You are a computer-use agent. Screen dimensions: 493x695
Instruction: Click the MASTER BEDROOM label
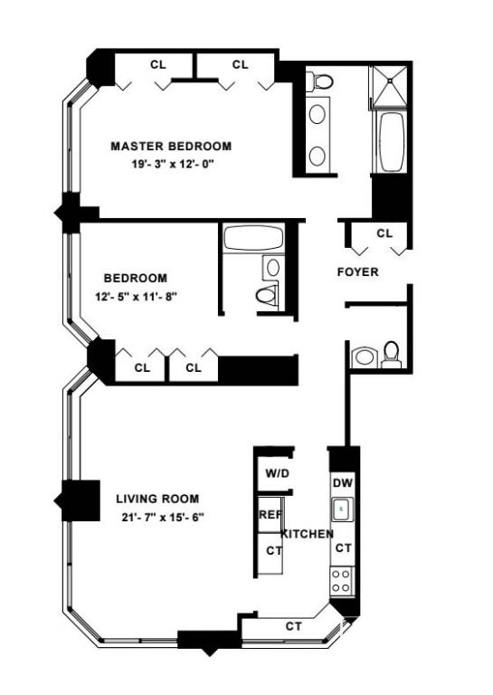point(171,146)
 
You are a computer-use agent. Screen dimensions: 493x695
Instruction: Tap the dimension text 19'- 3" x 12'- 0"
point(173,164)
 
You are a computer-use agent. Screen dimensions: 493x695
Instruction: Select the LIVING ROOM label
point(157,499)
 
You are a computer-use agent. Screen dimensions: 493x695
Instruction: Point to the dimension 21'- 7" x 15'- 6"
point(163,517)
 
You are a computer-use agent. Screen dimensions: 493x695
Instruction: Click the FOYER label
point(358,271)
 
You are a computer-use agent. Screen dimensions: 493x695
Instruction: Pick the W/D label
point(278,473)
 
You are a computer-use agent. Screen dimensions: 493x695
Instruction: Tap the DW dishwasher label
point(343,482)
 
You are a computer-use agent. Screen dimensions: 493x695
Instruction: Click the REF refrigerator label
point(270,515)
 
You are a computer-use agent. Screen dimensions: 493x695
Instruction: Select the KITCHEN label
point(308,534)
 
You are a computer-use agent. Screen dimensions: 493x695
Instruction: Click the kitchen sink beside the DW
point(342,509)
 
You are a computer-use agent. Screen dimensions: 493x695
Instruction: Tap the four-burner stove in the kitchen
point(342,581)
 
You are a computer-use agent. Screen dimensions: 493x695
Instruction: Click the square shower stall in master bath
point(389,86)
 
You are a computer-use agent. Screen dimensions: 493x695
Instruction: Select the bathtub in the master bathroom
point(392,142)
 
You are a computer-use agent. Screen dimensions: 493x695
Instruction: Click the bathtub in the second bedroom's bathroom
point(253,239)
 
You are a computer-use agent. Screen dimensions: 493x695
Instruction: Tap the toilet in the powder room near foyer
point(391,355)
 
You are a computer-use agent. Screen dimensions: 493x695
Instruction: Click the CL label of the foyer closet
point(384,233)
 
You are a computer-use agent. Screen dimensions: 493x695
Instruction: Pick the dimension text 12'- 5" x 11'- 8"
point(136,297)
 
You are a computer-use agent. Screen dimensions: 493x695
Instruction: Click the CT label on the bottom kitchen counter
point(293,626)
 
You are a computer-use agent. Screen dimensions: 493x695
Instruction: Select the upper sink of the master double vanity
point(318,114)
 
